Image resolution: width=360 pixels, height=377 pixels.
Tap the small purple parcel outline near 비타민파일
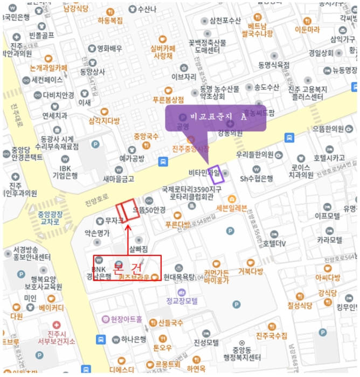215,172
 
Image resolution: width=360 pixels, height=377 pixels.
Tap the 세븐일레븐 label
231,208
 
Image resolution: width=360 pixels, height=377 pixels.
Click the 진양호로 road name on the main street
96,203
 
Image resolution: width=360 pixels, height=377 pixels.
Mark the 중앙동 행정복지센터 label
242,354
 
